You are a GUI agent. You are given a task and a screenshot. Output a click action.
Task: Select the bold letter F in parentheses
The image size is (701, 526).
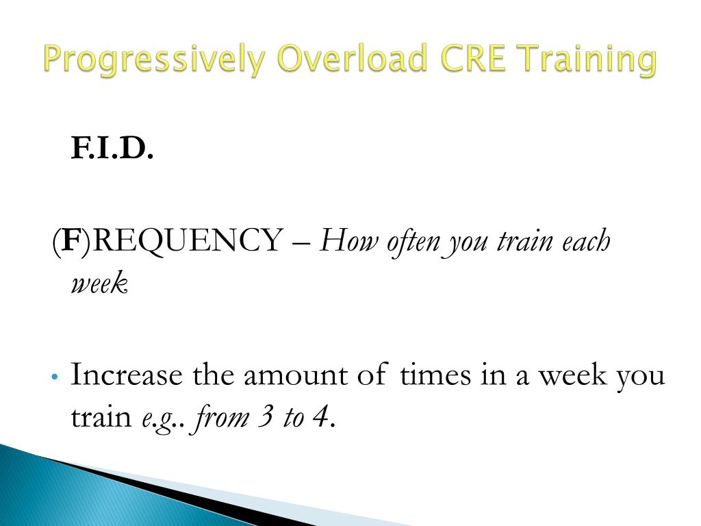(x=70, y=241)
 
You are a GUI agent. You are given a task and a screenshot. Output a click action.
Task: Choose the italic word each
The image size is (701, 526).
(x=585, y=241)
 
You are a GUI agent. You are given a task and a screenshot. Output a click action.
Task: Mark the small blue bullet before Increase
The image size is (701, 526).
(x=55, y=377)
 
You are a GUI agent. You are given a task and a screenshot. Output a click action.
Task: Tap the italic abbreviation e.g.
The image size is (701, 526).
(x=157, y=416)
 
